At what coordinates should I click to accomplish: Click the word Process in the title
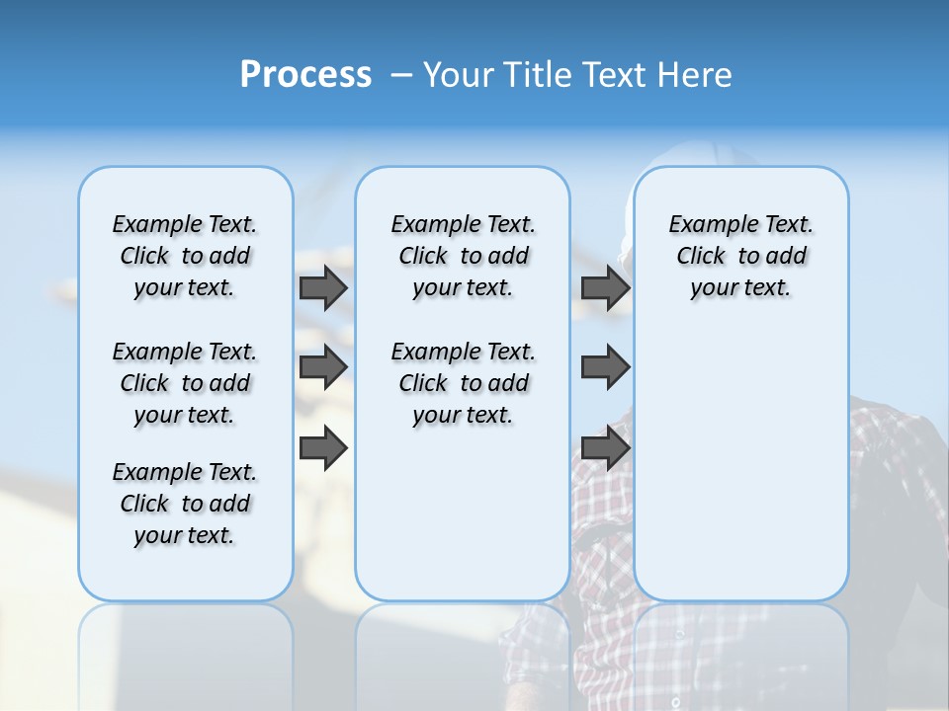(305, 74)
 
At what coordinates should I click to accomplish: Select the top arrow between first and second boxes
(323, 287)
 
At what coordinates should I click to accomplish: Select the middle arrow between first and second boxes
(323, 367)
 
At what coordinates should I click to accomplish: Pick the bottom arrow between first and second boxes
(323, 449)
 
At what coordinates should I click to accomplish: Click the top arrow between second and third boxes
(605, 287)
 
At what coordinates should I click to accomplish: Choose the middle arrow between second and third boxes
(605, 367)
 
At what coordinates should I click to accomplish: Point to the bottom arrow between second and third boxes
(605, 449)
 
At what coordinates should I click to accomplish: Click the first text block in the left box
(185, 256)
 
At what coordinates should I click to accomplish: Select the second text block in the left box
(185, 383)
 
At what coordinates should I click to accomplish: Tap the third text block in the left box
(185, 504)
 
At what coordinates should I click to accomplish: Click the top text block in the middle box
(463, 256)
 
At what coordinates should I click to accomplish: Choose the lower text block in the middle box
(463, 383)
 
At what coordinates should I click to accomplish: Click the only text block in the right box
(740, 256)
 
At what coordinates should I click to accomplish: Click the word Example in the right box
(705, 224)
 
